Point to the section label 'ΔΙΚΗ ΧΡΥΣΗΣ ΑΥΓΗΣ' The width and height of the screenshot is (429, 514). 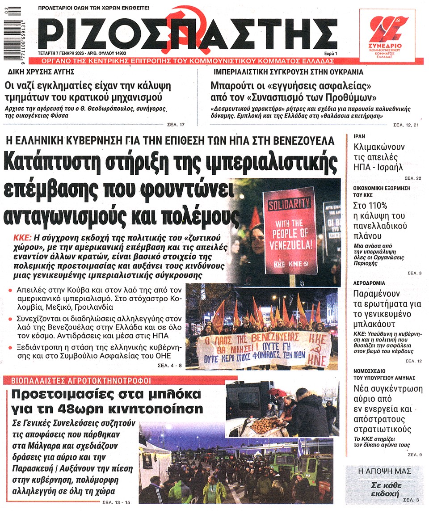(x=41, y=72)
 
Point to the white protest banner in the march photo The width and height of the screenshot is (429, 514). (x=264, y=350)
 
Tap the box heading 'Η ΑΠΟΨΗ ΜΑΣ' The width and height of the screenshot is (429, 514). (x=385, y=472)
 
